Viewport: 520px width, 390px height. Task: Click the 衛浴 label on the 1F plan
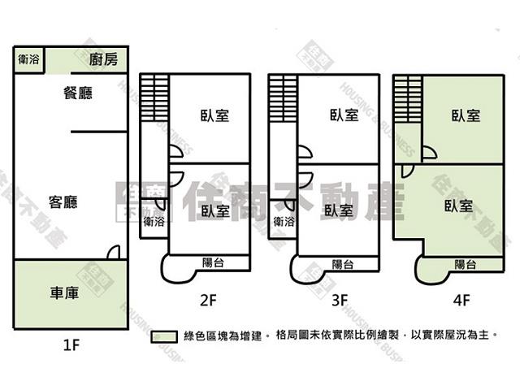(28, 58)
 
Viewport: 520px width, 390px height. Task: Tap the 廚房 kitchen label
(104, 58)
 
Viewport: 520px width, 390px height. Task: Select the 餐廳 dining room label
(78, 93)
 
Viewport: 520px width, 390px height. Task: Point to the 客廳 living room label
(63, 202)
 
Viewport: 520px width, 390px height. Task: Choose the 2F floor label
(208, 300)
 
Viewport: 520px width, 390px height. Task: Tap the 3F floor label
(340, 300)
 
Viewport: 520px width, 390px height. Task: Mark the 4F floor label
(461, 300)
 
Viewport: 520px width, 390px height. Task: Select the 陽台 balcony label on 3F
(343, 264)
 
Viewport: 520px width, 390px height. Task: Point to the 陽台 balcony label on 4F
(466, 264)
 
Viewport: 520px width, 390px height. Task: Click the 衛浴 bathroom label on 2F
(154, 221)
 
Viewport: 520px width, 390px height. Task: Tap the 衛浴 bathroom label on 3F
(284, 221)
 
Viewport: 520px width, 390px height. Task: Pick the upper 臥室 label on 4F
(466, 115)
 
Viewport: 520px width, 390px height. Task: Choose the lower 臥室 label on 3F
(338, 210)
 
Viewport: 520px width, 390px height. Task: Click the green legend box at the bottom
(165, 336)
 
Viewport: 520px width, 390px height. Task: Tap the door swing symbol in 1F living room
(115, 252)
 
